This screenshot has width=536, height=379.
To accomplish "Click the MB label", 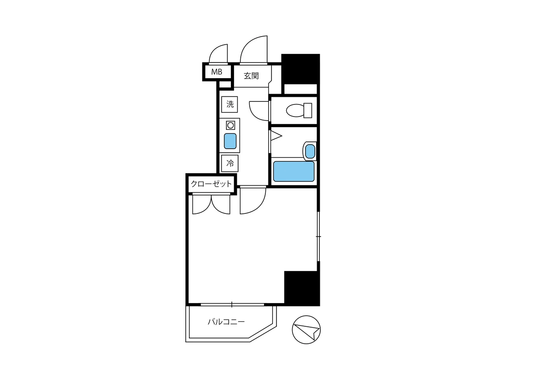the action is coord(217,71).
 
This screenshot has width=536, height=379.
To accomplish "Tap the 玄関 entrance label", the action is coord(251,76).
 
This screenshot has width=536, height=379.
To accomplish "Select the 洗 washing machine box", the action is coord(230,104).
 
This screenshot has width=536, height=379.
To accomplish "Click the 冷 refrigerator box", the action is coord(230,163).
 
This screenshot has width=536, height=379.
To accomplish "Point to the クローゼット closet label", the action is coord(211,183).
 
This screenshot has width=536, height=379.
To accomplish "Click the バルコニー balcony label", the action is coord(226,321).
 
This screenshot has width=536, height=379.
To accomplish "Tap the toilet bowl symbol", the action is coord(299,110).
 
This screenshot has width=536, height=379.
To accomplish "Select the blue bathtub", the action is coord(293,171).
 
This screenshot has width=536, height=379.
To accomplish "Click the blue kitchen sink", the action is coord(230,141).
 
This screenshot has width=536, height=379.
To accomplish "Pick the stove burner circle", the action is coord(230,125).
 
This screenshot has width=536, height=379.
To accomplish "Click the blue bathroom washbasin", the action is coord(310,151).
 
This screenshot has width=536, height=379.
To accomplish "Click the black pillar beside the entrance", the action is coord(301,69).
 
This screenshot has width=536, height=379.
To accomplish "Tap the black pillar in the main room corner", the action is coord(302,288).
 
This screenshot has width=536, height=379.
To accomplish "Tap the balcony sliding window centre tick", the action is coord(232,304).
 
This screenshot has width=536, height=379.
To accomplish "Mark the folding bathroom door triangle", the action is coord(276,136).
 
